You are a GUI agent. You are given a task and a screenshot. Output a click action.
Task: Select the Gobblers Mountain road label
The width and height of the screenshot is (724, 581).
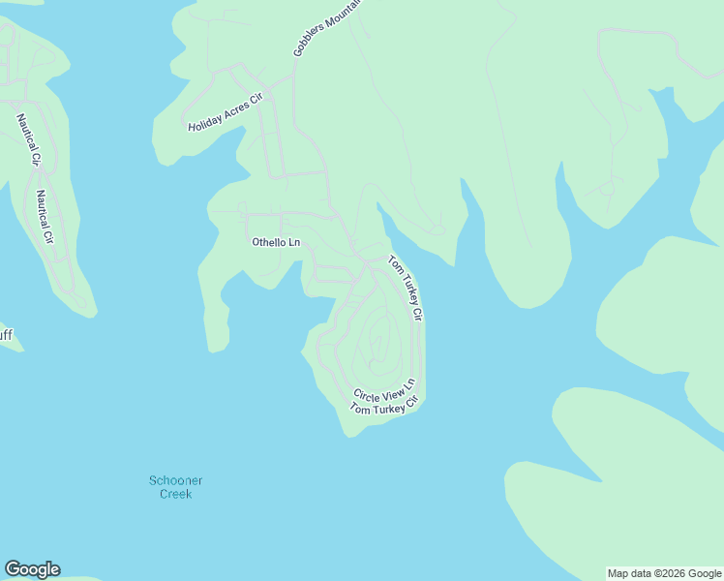(326, 27)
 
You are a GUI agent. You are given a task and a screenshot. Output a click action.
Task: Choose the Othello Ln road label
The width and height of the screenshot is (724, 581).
(276, 242)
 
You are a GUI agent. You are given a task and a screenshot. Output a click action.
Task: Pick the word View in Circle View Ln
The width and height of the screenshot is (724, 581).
(391, 387)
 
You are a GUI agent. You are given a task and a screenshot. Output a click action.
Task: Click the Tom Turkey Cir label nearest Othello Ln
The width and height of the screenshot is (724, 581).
(406, 288)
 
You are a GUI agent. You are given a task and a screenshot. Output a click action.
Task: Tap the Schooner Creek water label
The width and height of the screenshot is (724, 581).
(176, 487)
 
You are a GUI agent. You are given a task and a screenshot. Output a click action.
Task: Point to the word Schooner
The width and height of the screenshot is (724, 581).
(176, 480)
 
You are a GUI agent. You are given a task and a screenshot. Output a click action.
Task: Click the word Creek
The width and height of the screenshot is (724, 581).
(176, 494)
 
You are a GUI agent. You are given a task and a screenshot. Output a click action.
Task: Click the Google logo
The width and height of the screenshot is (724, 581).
(32, 569)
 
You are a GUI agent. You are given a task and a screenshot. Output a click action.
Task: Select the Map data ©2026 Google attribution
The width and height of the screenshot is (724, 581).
(665, 573)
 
